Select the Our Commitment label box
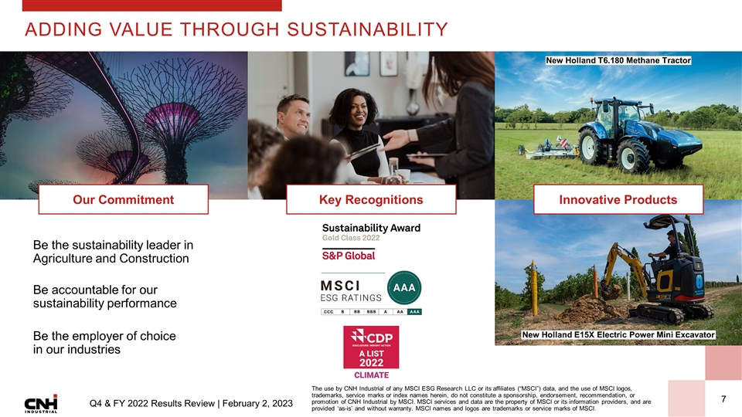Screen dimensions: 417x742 124,200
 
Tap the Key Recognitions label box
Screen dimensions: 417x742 371,200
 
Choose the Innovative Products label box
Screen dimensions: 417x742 618,200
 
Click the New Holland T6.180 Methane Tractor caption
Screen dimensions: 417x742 618,60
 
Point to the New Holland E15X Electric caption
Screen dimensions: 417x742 619,334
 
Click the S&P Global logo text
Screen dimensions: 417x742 349,256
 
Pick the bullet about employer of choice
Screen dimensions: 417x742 104,343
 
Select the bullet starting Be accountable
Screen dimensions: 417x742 104,297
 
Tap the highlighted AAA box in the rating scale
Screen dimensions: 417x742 414,312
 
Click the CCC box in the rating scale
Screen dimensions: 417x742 329,312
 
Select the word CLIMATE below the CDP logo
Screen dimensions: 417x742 370,375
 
